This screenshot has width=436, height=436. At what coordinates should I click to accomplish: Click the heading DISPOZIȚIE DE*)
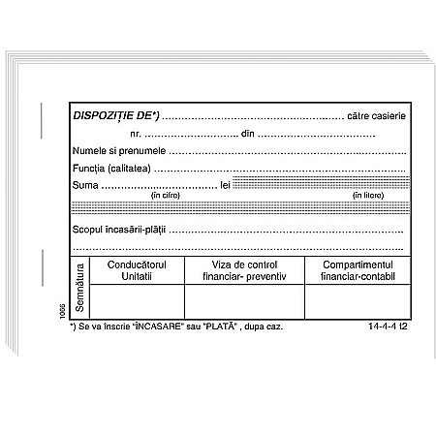116,115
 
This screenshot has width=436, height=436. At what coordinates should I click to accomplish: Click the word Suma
86,185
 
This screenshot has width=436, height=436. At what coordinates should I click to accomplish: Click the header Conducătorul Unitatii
137,270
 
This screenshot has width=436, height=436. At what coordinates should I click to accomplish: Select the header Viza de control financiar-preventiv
244,270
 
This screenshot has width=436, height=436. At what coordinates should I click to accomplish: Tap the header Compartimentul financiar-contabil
353,270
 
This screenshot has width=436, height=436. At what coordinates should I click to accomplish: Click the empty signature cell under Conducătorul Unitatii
137,301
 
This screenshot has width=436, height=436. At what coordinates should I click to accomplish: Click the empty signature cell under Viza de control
244,301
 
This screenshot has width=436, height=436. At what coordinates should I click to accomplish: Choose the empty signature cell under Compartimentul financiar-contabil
353,301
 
